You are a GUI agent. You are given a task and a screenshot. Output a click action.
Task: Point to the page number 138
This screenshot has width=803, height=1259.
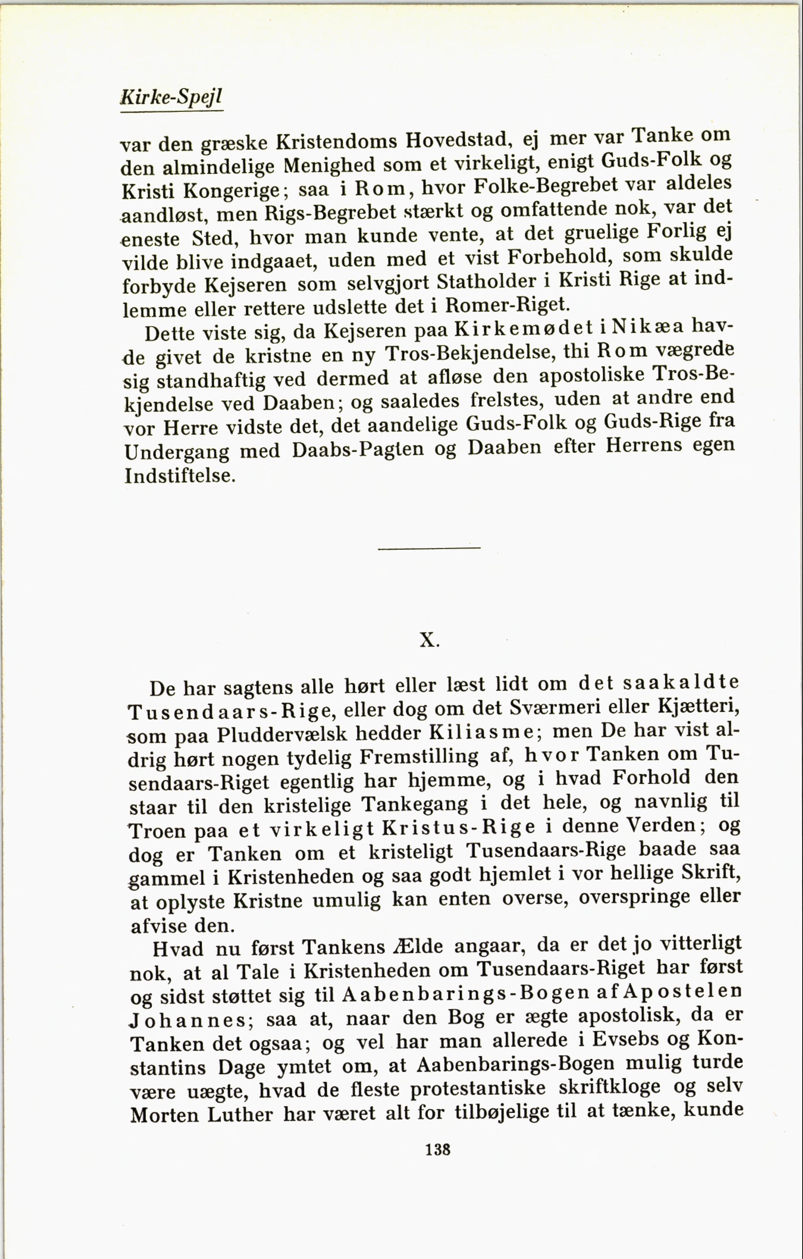(x=438, y=1150)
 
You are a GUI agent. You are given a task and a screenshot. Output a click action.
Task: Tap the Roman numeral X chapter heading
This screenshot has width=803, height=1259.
(x=429, y=640)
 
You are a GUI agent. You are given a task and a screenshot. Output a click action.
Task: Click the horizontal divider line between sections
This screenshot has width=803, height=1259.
(x=429, y=548)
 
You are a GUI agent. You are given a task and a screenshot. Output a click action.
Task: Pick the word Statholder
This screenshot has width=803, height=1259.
(x=486, y=282)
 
